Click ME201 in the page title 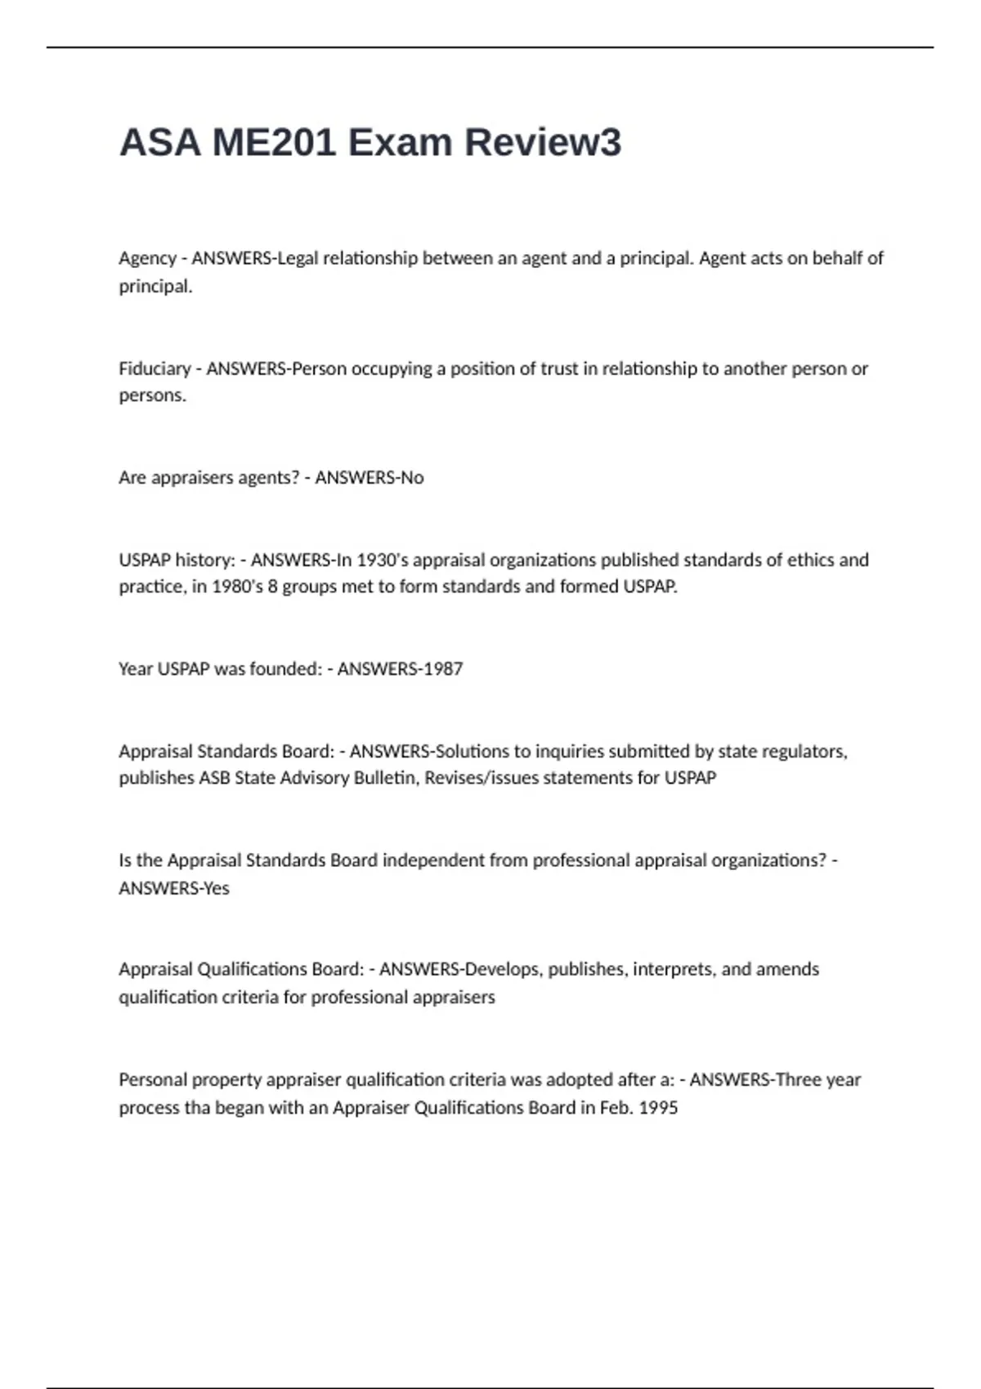click(274, 142)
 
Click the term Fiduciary click(155, 368)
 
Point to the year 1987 click(442, 668)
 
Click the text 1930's click(383, 560)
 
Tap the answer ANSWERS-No click(370, 477)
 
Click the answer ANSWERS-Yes click(174, 888)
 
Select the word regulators click(805, 751)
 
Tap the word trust click(560, 368)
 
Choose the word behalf click(836, 258)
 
